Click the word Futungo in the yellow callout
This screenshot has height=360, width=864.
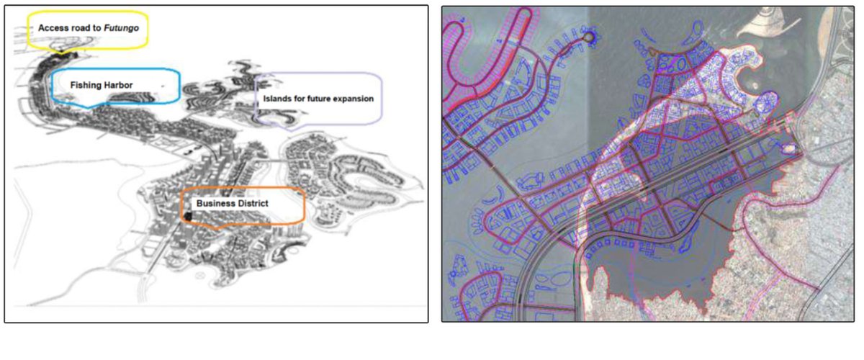click(120, 27)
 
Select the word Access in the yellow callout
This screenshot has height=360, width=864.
click(53, 27)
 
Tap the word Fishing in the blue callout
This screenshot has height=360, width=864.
click(85, 85)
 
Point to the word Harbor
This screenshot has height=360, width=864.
click(118, 85)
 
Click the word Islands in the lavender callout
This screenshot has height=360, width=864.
click(278, 98)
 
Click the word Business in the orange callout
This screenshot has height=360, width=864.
click(215, 204)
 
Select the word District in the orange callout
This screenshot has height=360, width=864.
click(252, 204)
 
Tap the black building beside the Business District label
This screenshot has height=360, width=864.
click(188, 215)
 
